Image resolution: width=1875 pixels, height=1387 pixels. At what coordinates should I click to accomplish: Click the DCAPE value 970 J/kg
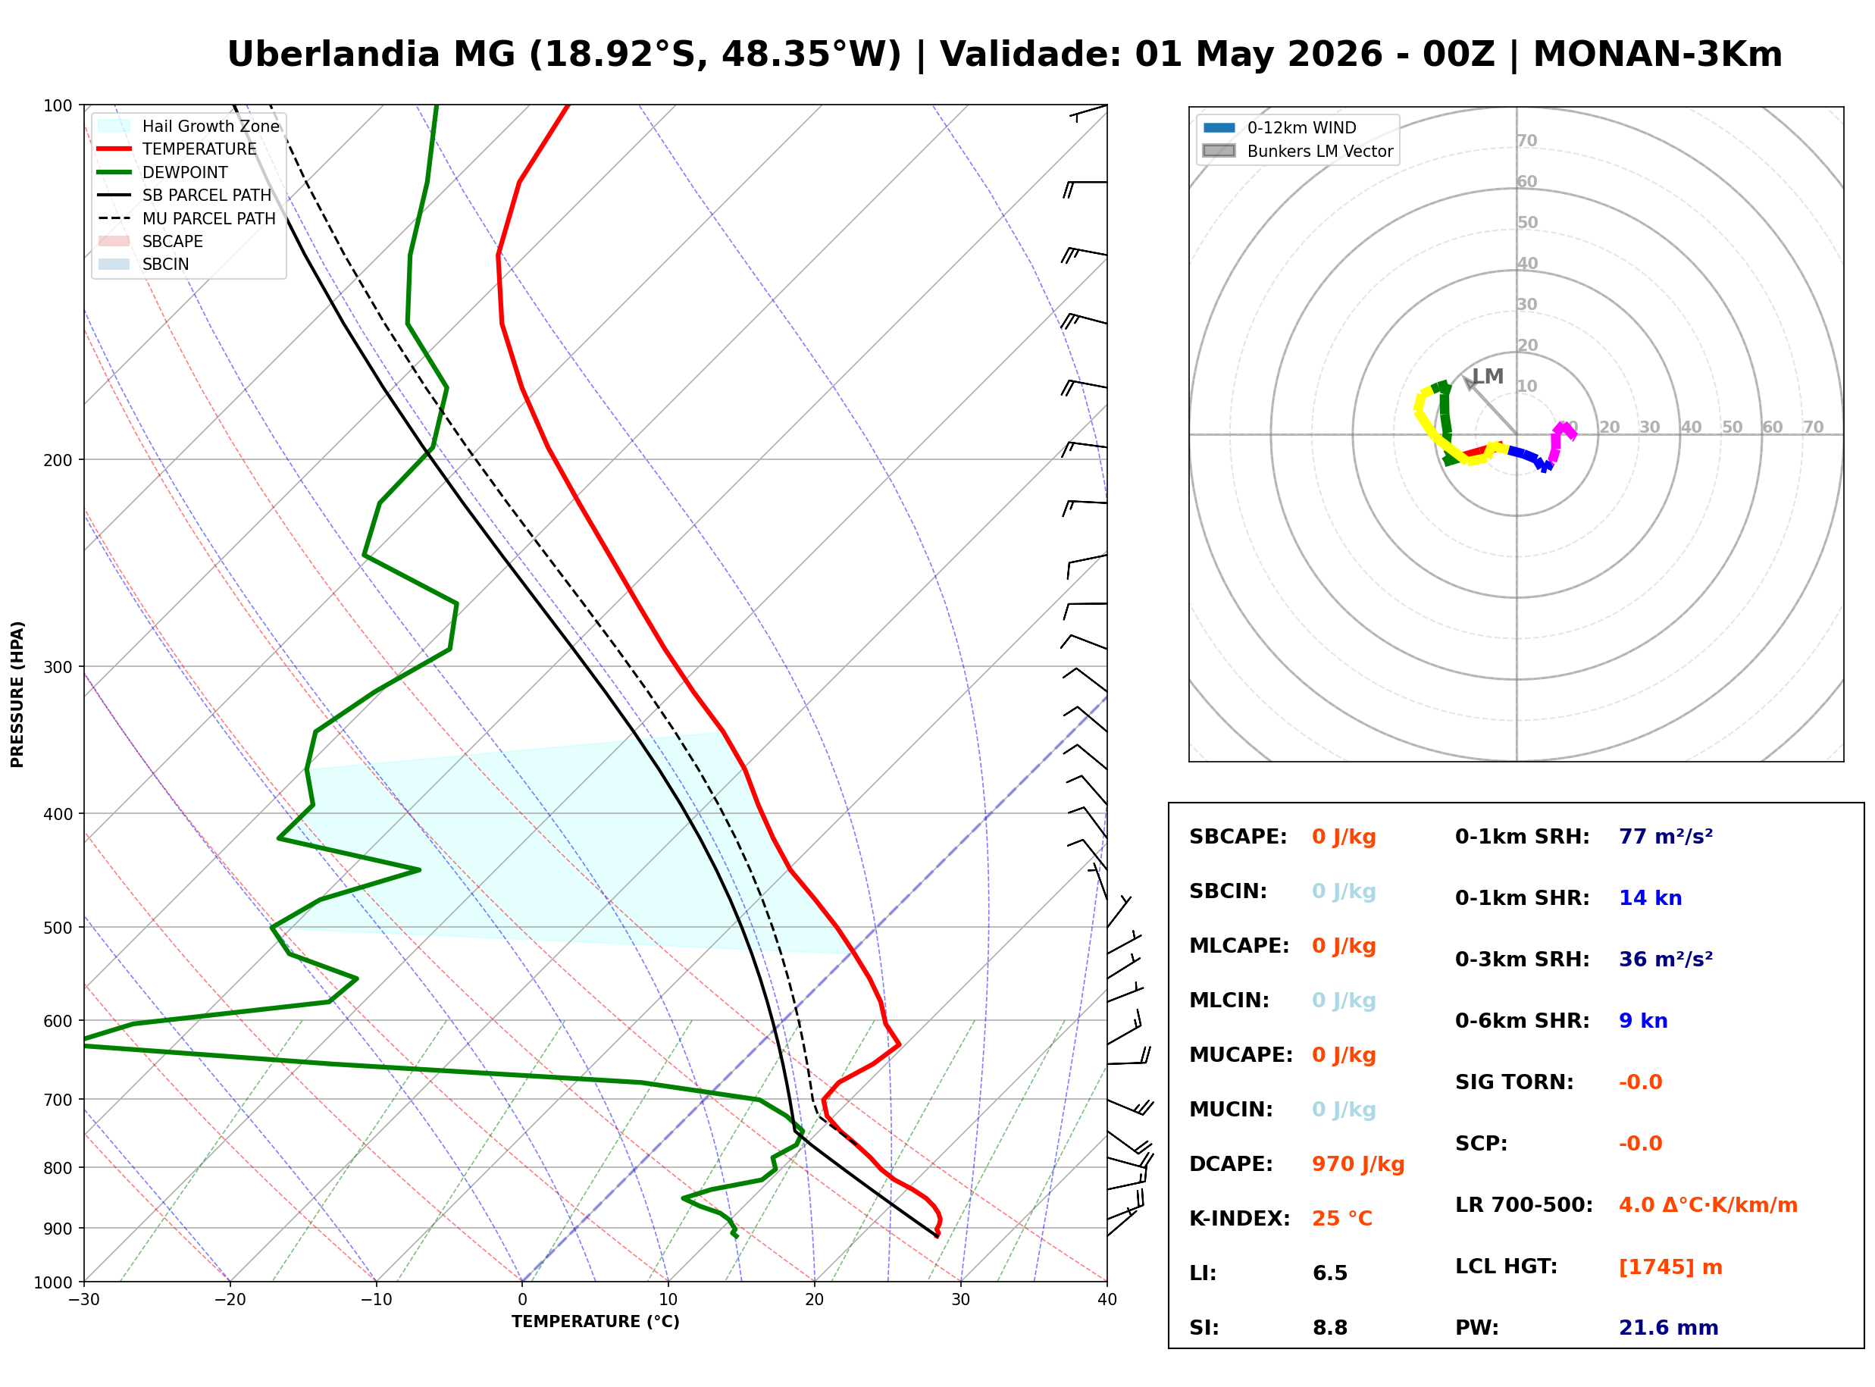click(x=1357, y=1164)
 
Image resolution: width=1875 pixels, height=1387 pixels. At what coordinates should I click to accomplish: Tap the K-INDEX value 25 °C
click(x=1341, y=1219)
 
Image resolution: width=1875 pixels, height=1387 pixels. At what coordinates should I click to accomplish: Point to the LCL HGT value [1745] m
click(x=1670, y=1267)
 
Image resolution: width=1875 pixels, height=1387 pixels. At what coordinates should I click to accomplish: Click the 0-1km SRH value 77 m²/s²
click(x=1665, y=837)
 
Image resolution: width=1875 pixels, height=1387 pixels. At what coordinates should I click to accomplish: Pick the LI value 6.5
click(x=1329, y=1273)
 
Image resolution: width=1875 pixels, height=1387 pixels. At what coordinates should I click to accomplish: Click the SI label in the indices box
click(x=1204, y=1328)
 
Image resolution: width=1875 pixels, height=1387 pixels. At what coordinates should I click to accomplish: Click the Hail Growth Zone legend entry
click(x=210, y=126)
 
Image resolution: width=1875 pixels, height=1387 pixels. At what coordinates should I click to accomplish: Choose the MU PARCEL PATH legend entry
click(x=208, y=218)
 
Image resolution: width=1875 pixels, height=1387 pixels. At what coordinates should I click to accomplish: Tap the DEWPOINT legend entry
click(x=185, y=172)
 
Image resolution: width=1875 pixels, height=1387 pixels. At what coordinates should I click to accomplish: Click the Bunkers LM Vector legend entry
click(x=1319, y=151)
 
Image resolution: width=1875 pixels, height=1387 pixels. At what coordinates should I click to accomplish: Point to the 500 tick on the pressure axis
click(x=58, y=928)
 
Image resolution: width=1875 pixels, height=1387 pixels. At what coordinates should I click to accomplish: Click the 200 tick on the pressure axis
click(x=58, y=460)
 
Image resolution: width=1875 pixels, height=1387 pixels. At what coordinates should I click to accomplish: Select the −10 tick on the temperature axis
click(x=375, y=1300)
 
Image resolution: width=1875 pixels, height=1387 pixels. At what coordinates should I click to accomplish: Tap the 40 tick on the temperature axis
click(x=1107, y=1300)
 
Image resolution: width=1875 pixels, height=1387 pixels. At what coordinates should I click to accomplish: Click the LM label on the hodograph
click(x=1488, y=376)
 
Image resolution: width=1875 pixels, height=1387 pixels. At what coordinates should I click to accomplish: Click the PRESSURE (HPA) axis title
click(x=17, y=693)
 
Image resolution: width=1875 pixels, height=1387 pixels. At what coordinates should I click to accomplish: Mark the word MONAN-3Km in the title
click(x=1657, y=55)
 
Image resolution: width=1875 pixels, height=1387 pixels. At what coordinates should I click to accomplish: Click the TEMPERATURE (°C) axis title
click(x=595, y=1322)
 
